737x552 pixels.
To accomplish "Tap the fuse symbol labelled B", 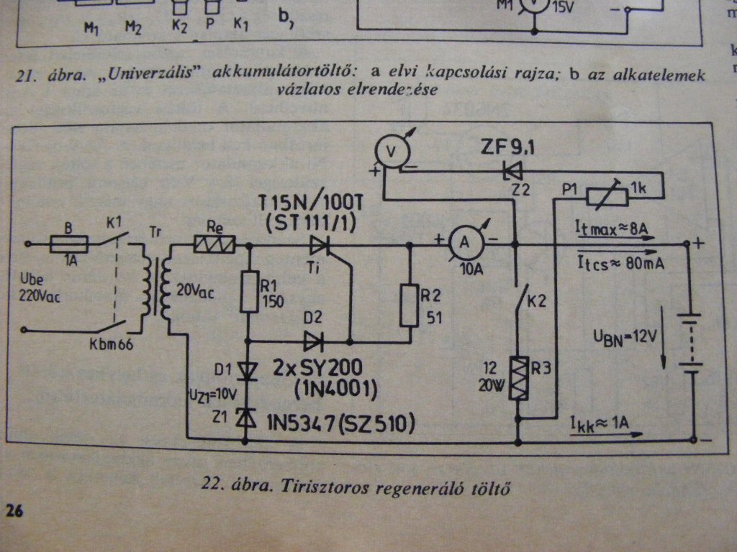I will click(x=69, y=245).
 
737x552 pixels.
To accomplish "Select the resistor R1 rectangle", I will click(x=249, y=291).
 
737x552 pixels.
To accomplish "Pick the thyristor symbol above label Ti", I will click(x=319, y=246).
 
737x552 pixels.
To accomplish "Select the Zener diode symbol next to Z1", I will click(x=249, y=420).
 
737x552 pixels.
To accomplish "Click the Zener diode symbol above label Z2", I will click(x=512, y=171).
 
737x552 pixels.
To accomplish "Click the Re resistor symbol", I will click(x=214, y=246).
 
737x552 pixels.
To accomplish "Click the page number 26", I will click(x=14, y=511).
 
